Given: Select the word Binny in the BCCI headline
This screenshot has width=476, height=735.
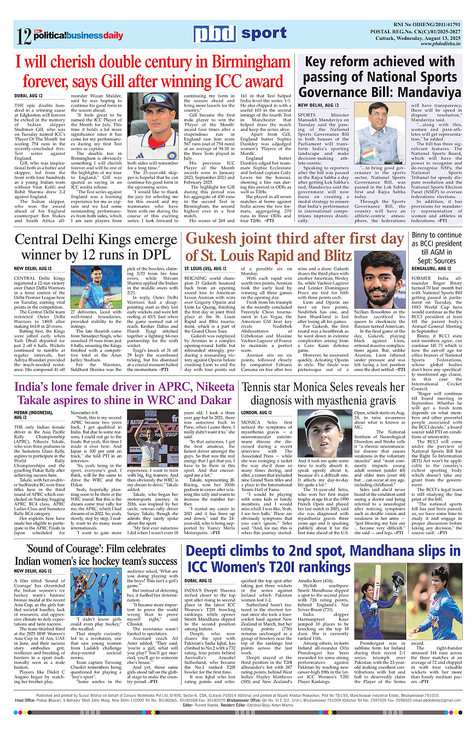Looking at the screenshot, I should [x=426, y=236].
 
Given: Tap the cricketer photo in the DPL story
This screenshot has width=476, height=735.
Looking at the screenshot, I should [x=91, y=288].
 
